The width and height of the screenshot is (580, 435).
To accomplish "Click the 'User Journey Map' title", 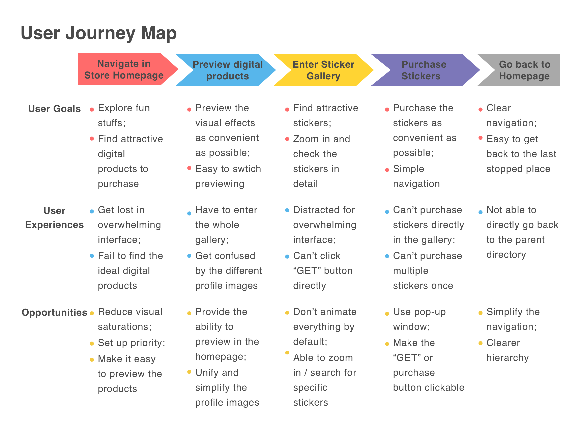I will (99, 33).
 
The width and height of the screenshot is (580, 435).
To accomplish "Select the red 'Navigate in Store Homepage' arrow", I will (124, 69).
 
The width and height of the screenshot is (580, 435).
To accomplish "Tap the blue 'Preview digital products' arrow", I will (227, 70).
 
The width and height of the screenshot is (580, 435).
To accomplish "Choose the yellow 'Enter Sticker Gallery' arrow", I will (323, 70).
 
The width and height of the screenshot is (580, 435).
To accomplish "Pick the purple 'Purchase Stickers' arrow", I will (424, 70).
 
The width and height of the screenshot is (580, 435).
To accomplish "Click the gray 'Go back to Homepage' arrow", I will (524, 70).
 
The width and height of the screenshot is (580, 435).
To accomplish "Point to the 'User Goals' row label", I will (54, 109).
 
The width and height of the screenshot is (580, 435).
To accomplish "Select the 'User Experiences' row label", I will (54, 218).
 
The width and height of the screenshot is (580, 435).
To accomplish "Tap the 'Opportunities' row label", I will (54, 313).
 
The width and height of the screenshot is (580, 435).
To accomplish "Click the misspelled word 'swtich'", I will (247, 169).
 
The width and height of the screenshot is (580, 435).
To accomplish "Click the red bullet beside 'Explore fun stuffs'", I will (92, 110).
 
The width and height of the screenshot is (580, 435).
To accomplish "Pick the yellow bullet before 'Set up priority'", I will (92, 344).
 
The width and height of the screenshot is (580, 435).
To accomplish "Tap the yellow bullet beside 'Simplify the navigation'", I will (480, 313).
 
